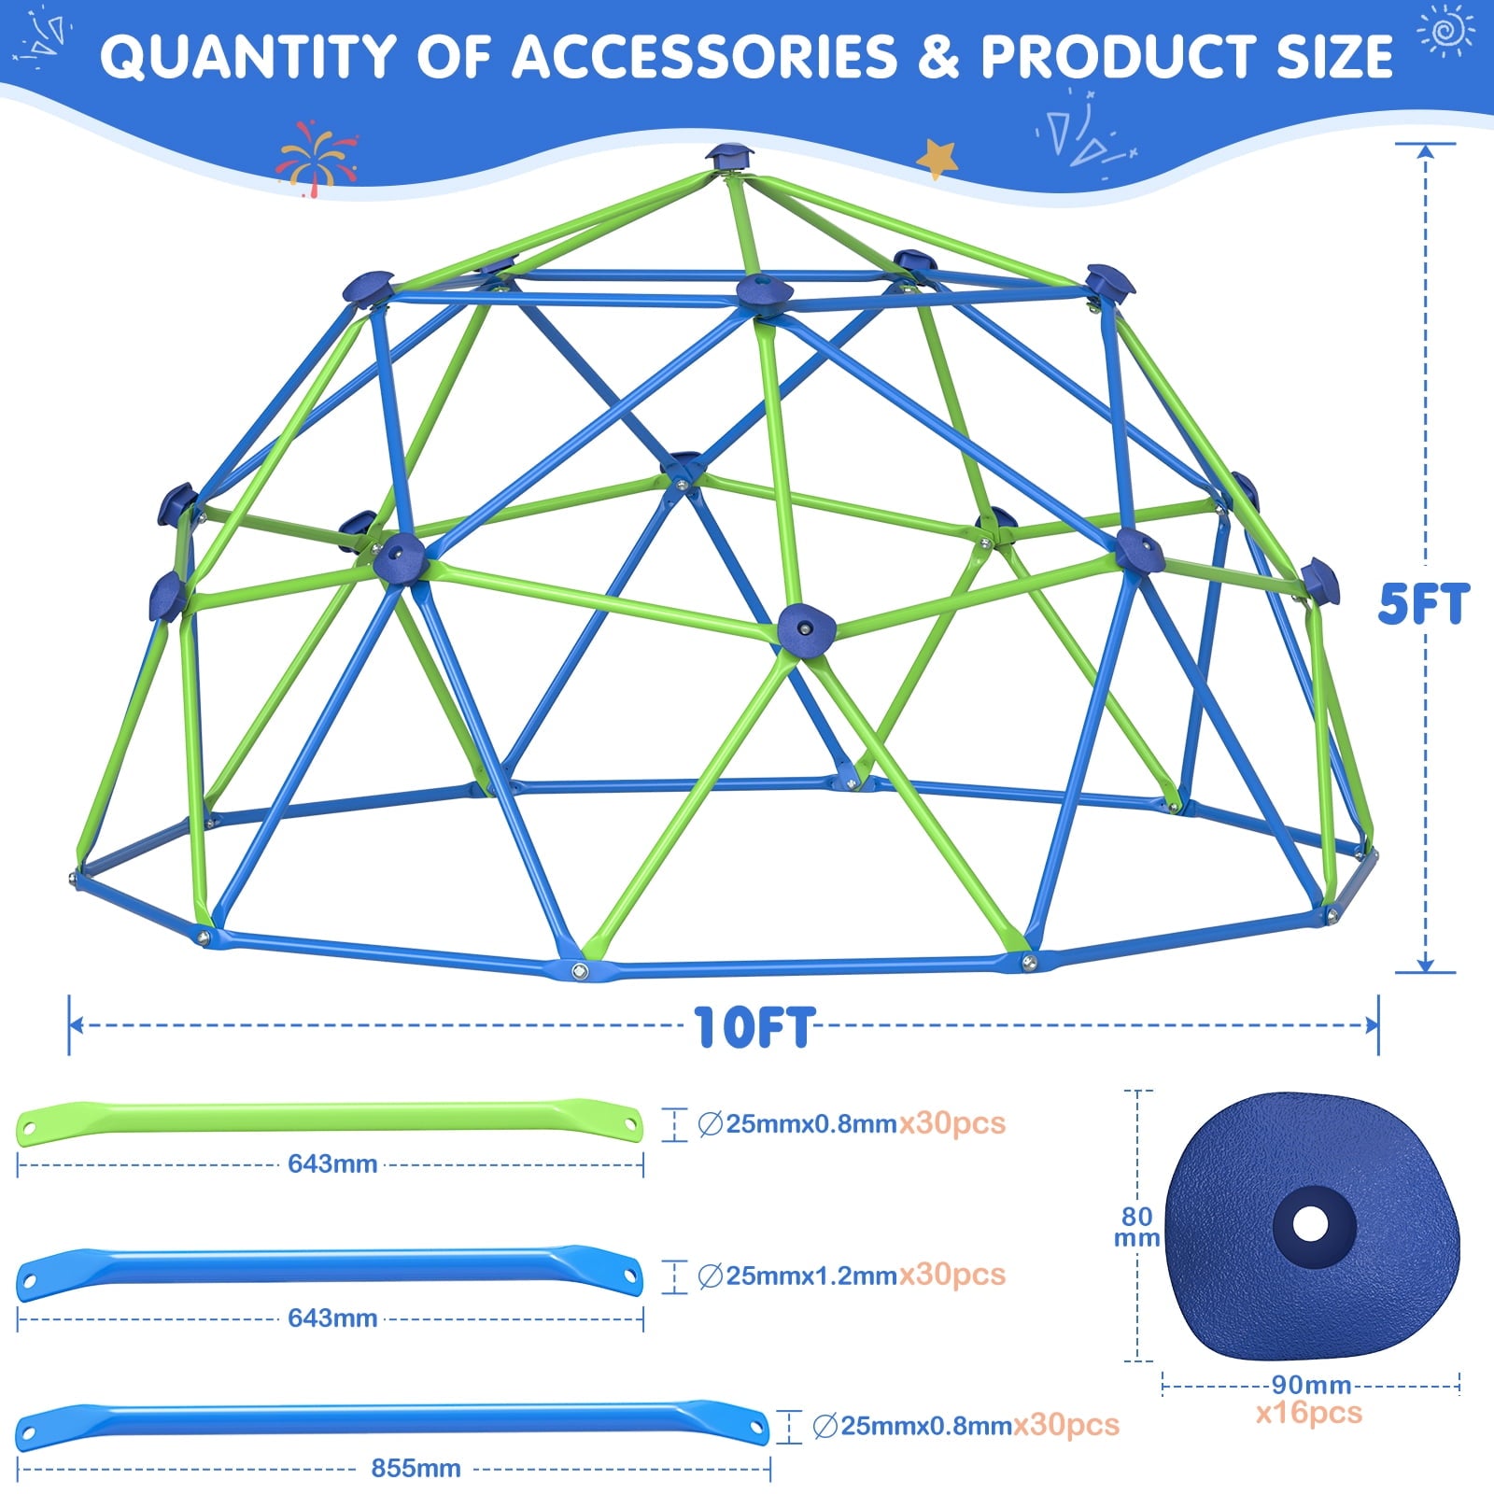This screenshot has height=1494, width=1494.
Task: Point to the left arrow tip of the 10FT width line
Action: coord(71,1025)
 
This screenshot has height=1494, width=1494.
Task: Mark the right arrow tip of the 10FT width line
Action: coord(1377,1025)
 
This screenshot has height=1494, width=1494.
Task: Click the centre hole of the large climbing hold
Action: coord(1311,1223)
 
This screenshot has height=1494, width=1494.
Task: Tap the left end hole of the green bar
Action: coord(30,1122)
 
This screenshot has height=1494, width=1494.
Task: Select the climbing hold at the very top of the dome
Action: coord(728,156)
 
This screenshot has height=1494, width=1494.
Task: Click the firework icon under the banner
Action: coord(316,157)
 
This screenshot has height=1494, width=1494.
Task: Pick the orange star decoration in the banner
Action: coord(937,158)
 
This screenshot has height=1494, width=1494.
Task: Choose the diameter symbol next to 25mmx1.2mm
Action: coord(711,1276)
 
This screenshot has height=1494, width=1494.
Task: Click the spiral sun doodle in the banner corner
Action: coord(1445,31)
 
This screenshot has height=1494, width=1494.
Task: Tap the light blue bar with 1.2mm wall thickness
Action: coord(330,1273)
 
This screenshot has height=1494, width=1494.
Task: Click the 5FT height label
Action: coord(1424,603)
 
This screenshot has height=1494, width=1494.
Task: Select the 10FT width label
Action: coord(755,1027)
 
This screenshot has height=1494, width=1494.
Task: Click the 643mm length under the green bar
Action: coord(332,1163)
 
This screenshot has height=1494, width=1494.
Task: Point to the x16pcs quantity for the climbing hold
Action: coord(1309,1413)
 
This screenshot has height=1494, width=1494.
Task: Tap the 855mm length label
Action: coord(416,1468)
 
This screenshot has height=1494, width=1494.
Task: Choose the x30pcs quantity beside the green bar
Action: coord(952,1122)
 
